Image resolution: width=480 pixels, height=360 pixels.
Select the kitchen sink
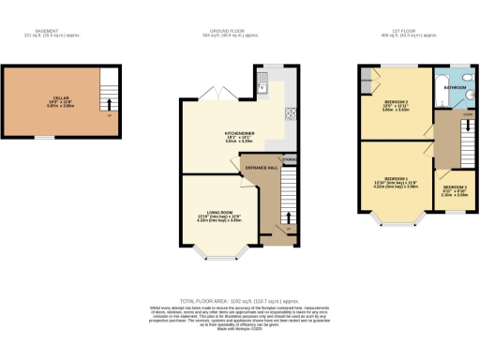click(x=264, y=88)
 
